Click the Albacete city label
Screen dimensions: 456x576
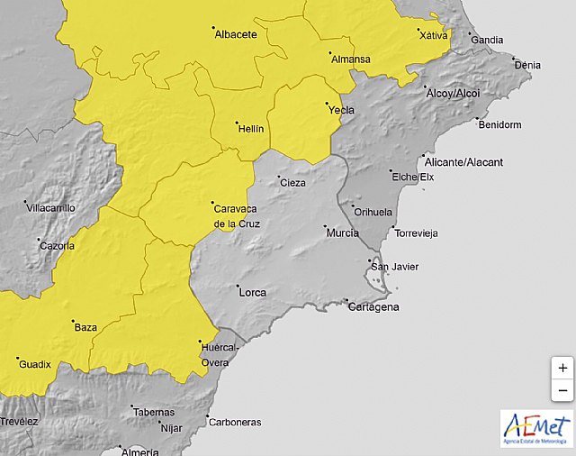pyautogui.click(x=236, y=35)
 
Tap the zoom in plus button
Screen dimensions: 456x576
pyautogui.click(x=562, y=369)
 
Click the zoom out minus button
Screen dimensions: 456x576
pyautogui.click(x=562, y=390)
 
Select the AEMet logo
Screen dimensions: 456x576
pyautogui.click(x=536, y=427)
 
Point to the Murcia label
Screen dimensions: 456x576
pyautogui.click(x=343, y=233)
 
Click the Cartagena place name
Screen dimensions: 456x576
pyautogui.click(x=373, y=307)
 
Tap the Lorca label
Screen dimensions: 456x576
pyautogui.click(x=252, y=292)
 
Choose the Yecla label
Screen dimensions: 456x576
pyautogui.click(x=342, y=110)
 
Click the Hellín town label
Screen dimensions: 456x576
pyautogui.click(x=249, y=129)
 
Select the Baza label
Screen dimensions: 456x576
pyautogui.click(x=85, y=327)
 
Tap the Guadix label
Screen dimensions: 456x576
pyautogui.click(x=34, y=364)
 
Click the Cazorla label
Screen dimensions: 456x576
pyautogui.click(x=57, y=245)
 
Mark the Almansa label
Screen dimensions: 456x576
pyautogui.click(x=351, y=59)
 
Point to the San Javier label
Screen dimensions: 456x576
pyautogui.click(x=395, y=266)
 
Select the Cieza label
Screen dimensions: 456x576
pyautogui.click(x=293, y=183)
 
